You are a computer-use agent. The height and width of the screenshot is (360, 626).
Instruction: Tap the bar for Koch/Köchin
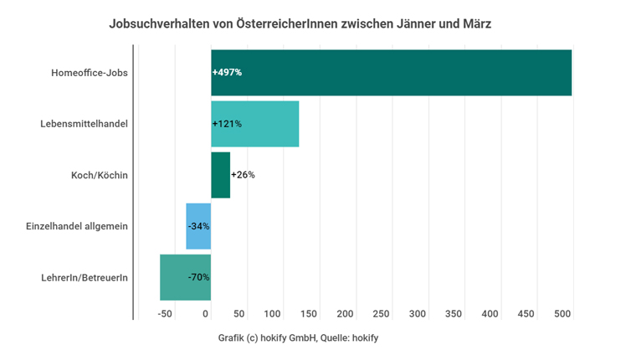(220, 175)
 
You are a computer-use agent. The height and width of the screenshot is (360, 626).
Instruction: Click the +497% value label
(227, 73)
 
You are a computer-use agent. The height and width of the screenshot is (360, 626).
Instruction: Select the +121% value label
(227, 124)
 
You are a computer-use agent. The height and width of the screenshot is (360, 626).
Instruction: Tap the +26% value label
(243, 175)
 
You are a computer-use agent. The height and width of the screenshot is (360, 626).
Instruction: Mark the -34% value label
(198, 226)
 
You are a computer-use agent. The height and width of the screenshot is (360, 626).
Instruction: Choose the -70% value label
(198, 277)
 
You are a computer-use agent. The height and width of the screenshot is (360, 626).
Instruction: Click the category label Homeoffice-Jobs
(89, 73)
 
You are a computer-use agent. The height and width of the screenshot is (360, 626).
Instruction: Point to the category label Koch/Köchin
(100, 175)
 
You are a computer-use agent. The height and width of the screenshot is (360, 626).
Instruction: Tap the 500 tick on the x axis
(562, 313)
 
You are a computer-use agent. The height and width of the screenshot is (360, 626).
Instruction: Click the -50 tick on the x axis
(164, 313)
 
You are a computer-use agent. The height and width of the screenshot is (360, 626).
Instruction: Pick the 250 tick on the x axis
(381, 313)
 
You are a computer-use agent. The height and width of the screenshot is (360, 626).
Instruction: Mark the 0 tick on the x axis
(207, 313)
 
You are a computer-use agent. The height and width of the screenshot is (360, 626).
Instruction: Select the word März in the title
(474, 23)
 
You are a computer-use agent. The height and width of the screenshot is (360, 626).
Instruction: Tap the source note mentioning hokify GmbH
(299, 338)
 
